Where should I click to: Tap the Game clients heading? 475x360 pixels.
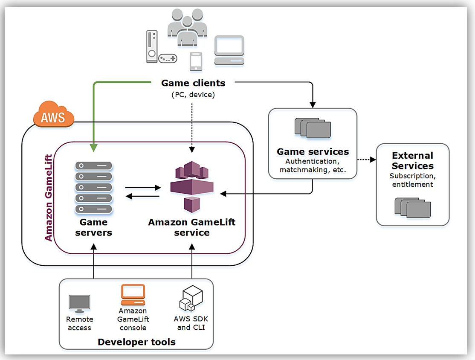tap(193, 83)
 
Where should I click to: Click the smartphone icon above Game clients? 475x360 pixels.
tap(195, 61)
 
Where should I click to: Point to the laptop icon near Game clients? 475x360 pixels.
tap(229, 50)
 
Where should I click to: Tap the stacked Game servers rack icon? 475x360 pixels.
tap(93, 188)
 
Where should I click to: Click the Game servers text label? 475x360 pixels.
tap(93, 227)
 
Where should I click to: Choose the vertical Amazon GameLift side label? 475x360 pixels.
tap(49, 198)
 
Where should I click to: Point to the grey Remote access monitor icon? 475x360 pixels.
tap(79, 303)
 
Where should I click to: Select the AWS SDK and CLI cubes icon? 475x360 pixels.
tap(191, 299)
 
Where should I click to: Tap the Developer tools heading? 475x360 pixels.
tap(136, 342)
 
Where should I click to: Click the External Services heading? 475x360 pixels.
tap(413, 161)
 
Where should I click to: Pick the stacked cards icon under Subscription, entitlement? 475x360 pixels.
tap(412, 207)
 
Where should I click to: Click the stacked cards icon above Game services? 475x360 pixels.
tap(313, 128)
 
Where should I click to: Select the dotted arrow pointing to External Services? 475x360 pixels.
tap(367, 160)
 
